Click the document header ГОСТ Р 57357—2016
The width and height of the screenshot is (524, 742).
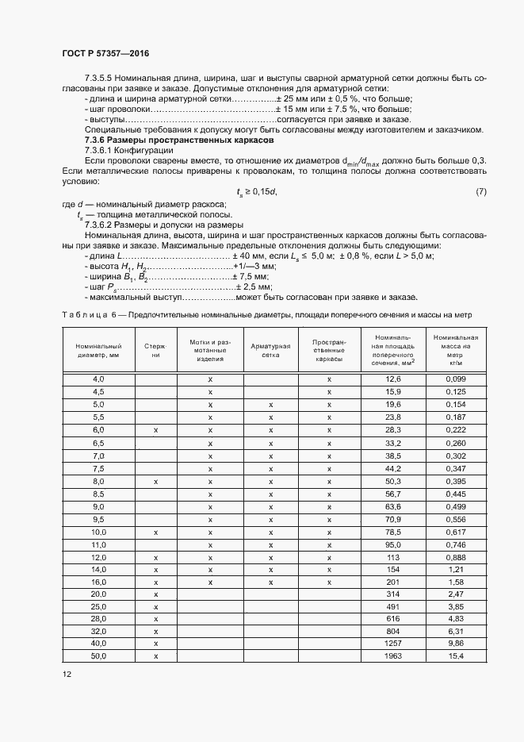point(105,53)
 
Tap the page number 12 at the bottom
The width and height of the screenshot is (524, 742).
point(67,674)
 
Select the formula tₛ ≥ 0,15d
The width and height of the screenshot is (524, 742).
point(258,191)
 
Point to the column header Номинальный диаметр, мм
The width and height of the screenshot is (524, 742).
point(98,351)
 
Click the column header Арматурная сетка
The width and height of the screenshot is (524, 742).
point(270,351)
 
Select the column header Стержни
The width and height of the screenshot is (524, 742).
point(155,351)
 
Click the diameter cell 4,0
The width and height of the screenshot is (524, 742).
point(98,380)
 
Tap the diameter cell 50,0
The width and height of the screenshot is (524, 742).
point(98,656)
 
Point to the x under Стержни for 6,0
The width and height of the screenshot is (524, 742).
point(155,430)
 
